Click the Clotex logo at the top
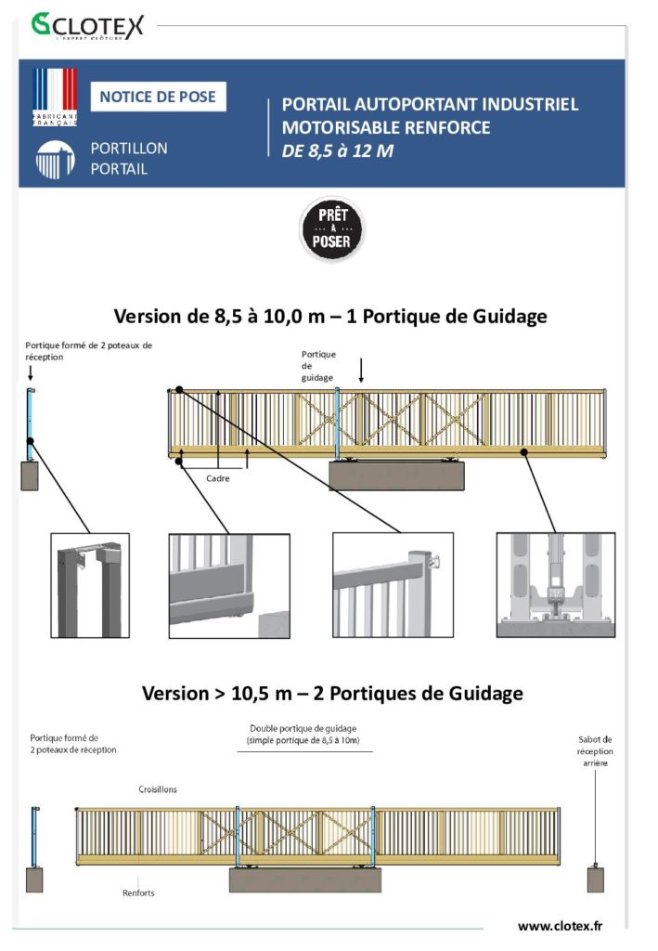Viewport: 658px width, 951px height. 88,26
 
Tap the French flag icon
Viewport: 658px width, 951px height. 55,97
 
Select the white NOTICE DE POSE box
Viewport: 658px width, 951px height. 158,97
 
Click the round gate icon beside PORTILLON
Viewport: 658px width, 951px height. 55,160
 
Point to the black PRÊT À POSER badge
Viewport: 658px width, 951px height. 332,228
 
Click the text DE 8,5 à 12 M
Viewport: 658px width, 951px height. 338,150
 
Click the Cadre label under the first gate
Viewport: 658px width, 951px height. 217,478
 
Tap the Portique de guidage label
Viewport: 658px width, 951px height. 318,366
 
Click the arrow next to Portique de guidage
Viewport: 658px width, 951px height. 361,370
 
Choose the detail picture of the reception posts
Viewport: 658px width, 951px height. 90,585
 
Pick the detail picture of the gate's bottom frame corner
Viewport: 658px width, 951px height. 229,586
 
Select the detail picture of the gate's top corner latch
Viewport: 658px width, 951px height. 393,585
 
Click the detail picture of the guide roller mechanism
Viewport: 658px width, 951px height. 556,585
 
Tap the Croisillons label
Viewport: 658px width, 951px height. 158,789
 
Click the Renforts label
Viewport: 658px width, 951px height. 138,892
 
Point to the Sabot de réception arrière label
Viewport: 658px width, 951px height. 595,750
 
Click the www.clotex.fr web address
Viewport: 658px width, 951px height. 561,926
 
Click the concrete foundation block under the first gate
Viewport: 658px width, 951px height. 397,475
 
